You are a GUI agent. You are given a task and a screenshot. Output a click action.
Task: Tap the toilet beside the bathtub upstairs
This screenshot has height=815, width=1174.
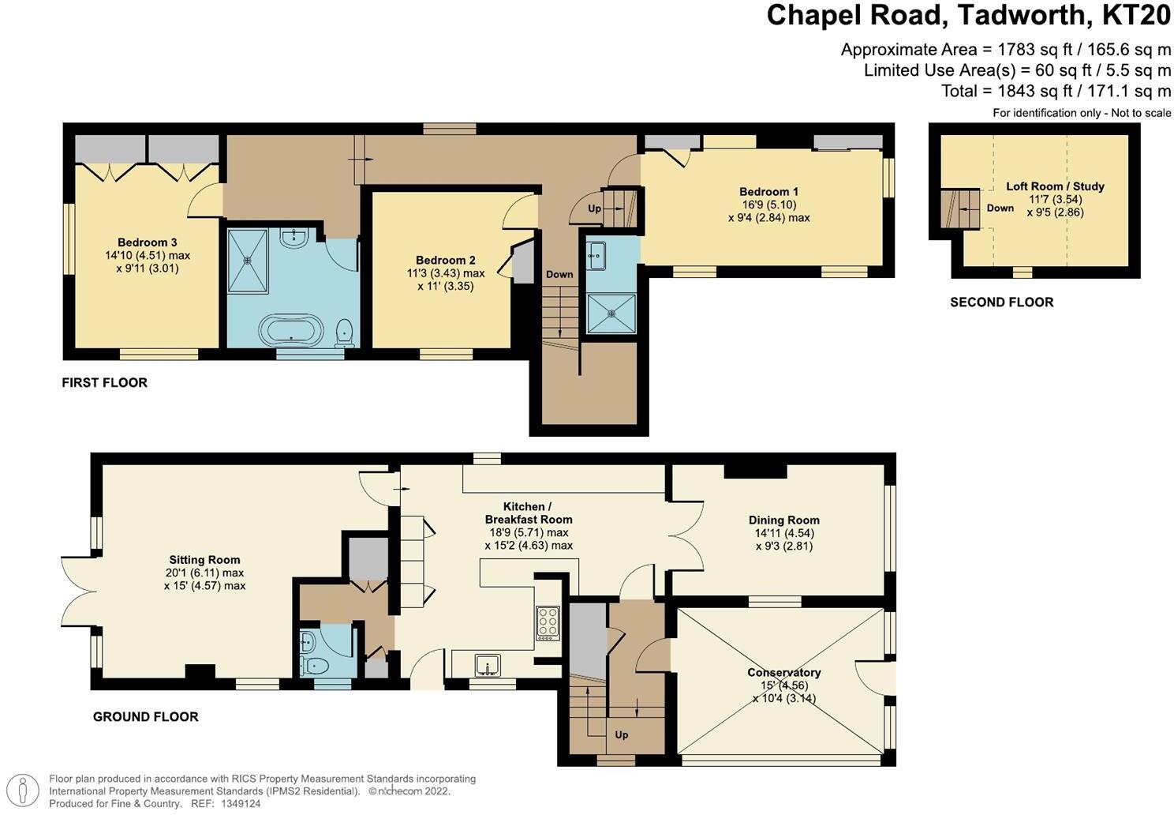pyautogui.click(x=344, y=333)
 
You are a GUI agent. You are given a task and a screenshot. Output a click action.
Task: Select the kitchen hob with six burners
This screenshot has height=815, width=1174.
pyautogui.click(x=548, y=623)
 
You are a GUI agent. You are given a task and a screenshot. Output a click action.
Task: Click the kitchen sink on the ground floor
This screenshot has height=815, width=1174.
pyautogui.click(x=488, y=666)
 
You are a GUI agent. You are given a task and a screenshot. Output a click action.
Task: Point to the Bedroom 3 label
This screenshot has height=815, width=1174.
pyautogui.click(x=148, y=242)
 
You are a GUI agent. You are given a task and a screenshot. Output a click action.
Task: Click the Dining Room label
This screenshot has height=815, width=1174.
pyautogui.click(x=783, y=520)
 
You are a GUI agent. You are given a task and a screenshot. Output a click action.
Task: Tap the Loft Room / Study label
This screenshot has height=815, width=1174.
pyautogui.click(x=1055, y=186)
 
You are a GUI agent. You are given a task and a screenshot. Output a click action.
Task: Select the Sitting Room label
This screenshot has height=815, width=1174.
pyautogui.click(x=204, y=560)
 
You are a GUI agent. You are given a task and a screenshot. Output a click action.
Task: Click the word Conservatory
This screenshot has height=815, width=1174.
pyautogui.click(x=784, y=672)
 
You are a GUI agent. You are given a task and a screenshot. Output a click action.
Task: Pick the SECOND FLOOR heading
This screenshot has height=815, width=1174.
pyautogui.click(x=1001, y=302)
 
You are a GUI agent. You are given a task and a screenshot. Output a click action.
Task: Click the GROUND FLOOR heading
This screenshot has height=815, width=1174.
pyautogui.click(x=146, y=717)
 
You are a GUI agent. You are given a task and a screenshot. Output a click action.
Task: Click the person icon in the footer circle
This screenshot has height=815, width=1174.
pyautogui.click(x=23, y=791)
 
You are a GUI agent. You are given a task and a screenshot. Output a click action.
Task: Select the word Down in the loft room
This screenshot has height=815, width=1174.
pyautogui.click(x=1000, y=208)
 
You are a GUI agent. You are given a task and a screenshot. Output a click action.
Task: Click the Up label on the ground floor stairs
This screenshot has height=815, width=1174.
pyautogui.click(x=622, y=734)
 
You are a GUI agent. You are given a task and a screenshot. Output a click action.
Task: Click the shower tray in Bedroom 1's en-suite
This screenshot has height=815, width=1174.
pyautogui.click(x=611, y=314)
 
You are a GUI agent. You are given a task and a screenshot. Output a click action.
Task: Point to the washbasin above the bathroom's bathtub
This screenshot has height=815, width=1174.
pyautogui.click(x=294, y=237)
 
